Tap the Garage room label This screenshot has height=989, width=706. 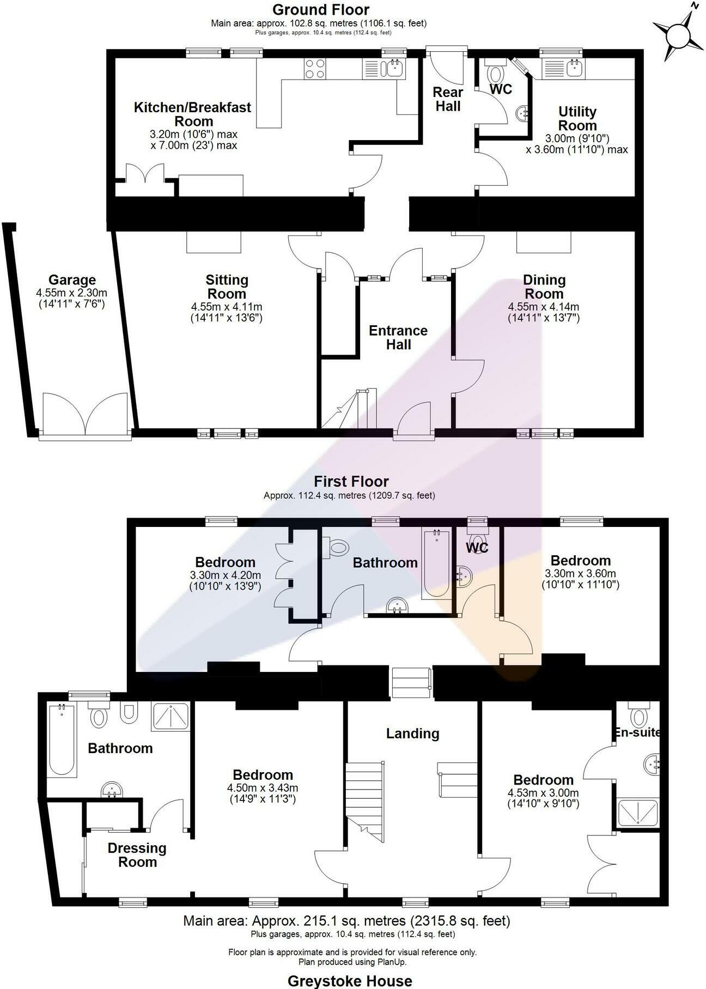point(72,280)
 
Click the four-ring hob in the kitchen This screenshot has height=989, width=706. point(315,69)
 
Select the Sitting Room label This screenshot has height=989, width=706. point(227,287)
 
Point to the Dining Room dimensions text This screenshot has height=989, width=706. point(543,311)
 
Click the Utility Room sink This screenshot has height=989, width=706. point(573,68)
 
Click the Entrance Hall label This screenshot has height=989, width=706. point(398,337)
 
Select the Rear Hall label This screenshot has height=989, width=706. point(448,99)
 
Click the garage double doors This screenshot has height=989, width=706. point(86,415)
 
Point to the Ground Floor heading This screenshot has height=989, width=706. point(321,10)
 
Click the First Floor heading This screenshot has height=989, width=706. point(351,482)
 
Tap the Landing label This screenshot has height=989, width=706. point(412,733)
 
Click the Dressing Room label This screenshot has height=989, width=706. point(137,855)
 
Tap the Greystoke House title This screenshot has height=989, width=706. point(350,981)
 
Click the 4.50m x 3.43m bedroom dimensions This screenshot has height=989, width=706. point(263,793)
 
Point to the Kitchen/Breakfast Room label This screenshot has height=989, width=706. point(193,114)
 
